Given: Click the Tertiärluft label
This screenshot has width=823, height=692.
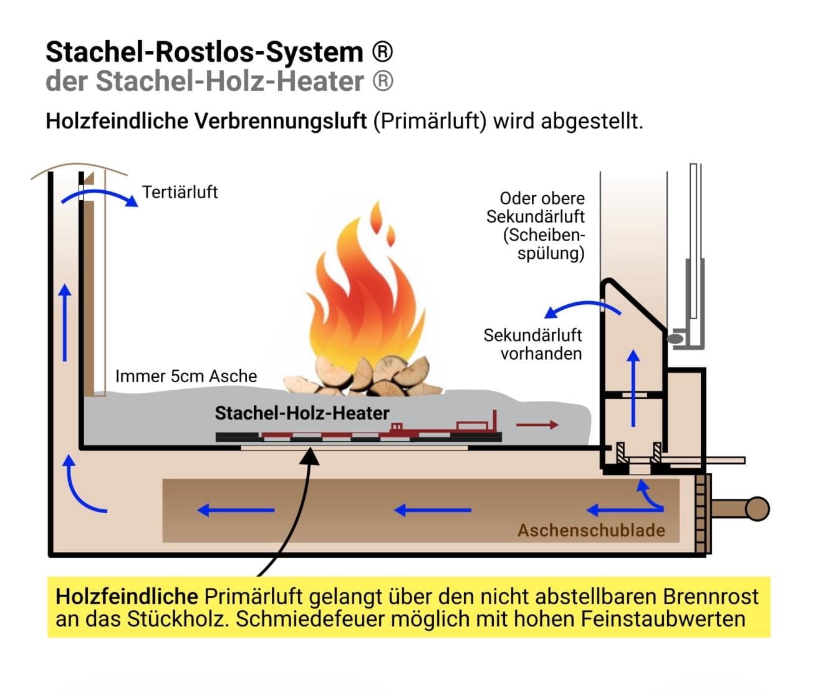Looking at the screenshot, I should pyautogui.click(x=180, y=192).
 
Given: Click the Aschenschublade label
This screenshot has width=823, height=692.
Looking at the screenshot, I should pyautogui.click(x=591, y=531).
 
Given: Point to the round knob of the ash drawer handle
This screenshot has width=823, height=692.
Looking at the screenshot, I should pyautogui.click(x=757, y=509).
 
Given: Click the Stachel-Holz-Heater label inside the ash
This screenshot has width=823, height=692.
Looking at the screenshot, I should pyautogui.click(x=302, y=413).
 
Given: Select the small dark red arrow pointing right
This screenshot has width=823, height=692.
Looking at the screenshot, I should pyautogui.click(x=537, y=425).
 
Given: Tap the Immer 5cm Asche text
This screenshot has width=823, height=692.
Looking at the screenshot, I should pyautogui.click(x=186, y=377).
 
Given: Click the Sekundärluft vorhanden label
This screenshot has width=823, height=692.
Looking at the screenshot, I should pyautogui.click(x=532, y=344).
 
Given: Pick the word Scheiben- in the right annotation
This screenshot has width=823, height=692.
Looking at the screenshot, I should pyautogui.click(x=544, y=235).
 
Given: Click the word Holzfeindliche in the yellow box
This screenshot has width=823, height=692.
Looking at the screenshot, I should pyautogui.click(x=127, y=597).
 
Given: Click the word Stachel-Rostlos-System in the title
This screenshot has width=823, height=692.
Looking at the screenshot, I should pyautogui.click(x=205, y=52).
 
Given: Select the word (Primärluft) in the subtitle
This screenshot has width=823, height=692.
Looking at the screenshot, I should pyautogui.click(x=430, y=121).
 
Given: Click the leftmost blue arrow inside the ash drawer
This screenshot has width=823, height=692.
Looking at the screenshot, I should pyautogui.click(x=236, y=510).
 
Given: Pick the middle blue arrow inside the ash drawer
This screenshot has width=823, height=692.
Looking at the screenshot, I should pyautogui.click(x=433, y=510).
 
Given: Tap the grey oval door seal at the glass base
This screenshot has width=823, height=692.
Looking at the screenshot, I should pyautogui.click(x=675, y=339).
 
